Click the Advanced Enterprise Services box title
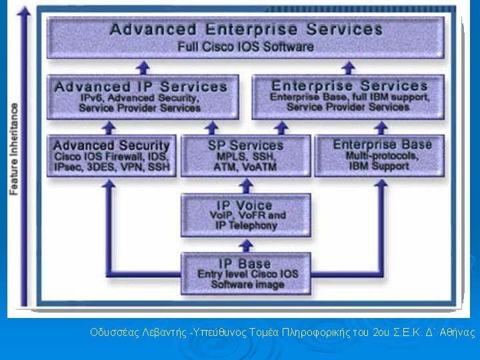(x=246, y=30)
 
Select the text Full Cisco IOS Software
(x=245, y=47)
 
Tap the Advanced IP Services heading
(x=141, y=87)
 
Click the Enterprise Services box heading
(x=349, y=86)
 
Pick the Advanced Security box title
(x=111, y=145)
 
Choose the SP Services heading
(x=245, y=145)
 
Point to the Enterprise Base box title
(x=382, y=145)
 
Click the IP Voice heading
(x=245, y=205)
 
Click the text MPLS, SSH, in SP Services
(x=245, y=156)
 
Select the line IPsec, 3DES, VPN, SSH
(x=111, y=167)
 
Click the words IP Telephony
(x=247, y=226)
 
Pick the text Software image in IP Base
(x=247, y=285)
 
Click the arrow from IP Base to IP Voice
(x=245, y=245)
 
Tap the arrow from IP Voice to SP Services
(x=245, y=185)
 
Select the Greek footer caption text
(x=282, y=331)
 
